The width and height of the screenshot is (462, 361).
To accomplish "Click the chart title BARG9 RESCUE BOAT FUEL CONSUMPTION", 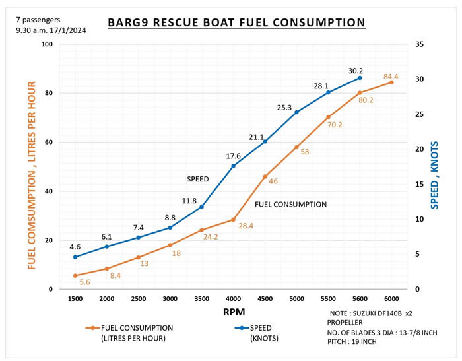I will pos(236,23).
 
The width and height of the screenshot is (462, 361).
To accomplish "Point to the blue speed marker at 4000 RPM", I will pos(233,166).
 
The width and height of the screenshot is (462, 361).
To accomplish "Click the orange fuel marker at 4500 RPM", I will pos(265,177).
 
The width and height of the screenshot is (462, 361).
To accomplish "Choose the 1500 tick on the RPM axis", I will pos(75,299).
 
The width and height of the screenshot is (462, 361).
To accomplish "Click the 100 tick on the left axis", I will pos(47,44).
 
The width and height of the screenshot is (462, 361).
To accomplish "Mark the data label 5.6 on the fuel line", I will pos(84,282).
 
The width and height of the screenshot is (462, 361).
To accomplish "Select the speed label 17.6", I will pos(233,156).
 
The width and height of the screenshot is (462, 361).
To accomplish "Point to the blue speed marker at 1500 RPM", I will pos(75,257).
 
